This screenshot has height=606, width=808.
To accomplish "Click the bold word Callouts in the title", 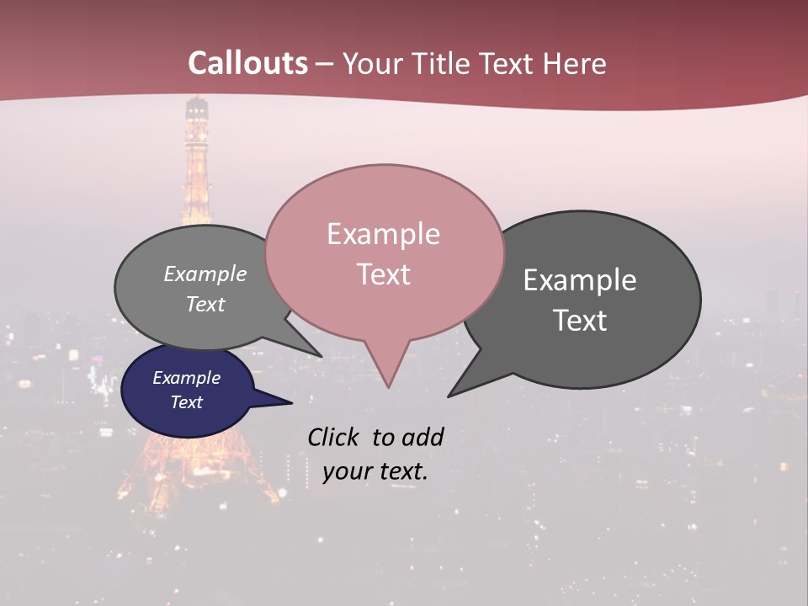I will point(247,63).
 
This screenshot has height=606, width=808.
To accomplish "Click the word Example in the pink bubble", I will point(383,234).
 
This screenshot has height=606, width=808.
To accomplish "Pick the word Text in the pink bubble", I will point(383,274).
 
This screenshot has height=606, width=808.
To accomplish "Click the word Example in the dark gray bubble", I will point(580,280).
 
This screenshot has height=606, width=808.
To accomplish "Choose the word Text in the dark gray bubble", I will point(580,321).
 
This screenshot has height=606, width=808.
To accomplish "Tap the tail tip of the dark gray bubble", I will point(449,395).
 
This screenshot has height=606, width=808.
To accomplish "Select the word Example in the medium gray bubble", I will point(205,274).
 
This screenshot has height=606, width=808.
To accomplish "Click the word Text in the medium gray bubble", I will point(205,304).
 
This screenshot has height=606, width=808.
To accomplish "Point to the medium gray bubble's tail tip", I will point(320,356).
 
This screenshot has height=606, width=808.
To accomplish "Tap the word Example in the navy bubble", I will point(187,378).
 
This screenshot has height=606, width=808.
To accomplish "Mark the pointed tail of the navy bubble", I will point(291,402).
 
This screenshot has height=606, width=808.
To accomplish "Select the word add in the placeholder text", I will point(423,437).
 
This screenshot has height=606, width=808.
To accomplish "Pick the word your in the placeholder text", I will point(346,471).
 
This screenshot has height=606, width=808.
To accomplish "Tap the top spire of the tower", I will point(197,101).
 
